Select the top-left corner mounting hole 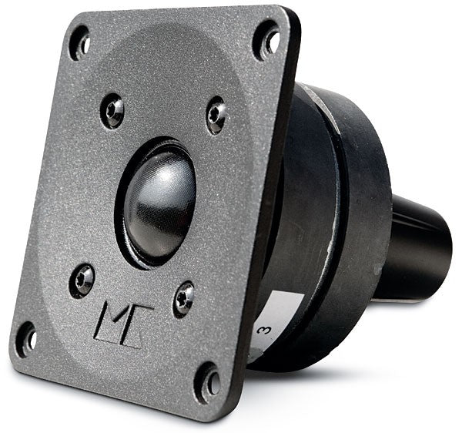point(79,42)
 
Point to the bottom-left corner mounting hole point(25,337)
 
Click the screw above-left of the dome point(113,110)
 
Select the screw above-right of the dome point(217,114)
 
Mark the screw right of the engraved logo point(183,297)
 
